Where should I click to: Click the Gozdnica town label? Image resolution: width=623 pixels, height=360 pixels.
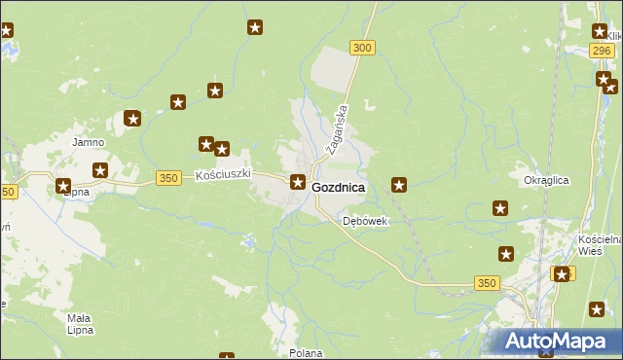coord(339,187)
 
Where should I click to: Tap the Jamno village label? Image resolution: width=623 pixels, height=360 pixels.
coord(88,141)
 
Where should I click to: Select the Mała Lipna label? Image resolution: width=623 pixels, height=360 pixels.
coord(80,324)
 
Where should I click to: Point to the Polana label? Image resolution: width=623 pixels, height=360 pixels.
coord(306,353)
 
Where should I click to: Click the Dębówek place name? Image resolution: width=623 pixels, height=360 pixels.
coord(365,221)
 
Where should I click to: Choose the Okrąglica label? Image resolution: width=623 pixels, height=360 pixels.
coord(546,180)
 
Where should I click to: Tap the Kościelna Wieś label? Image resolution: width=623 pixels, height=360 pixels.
coord(600,244)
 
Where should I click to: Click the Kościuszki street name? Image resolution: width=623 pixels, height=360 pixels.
coord(224,175)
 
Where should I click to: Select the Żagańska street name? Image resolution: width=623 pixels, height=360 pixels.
coord(341,126)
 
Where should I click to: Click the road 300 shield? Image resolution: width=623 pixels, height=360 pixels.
coord(362,48)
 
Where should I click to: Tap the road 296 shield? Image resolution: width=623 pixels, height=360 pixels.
coord(603,51)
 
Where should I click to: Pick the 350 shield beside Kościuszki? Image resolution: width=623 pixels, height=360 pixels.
coord(168,178)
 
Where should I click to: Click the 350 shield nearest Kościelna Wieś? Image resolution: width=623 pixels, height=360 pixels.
coord(487,282)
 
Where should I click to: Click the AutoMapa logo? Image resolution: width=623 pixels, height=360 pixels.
coord(556,342)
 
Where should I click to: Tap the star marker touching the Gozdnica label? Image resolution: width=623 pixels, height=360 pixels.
coord(298,182)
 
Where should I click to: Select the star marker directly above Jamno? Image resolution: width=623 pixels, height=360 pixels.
coord(132,120)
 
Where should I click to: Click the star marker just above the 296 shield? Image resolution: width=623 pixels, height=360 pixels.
coord(600,31)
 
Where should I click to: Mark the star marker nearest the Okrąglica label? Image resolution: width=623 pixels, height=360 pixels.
coord(500,207)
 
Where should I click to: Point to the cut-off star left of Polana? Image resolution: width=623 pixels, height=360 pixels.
coord(227,356)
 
